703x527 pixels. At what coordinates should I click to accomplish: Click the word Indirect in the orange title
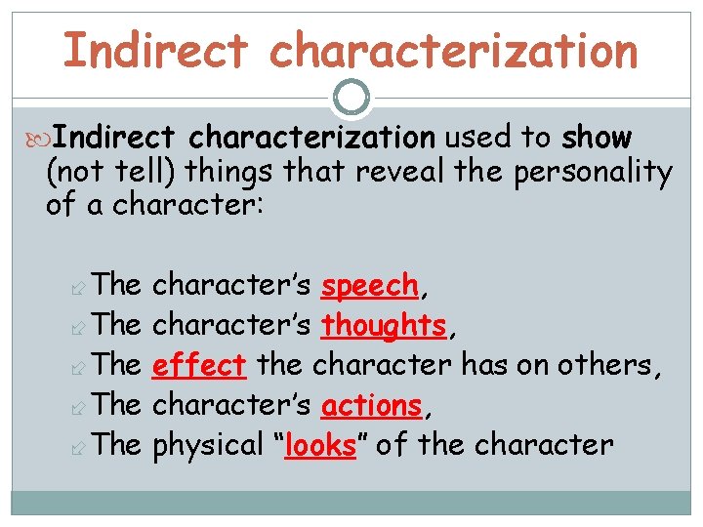(156, 51)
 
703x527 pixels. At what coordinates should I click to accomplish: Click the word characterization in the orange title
(454, 51)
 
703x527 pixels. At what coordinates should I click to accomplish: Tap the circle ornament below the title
(351, 98)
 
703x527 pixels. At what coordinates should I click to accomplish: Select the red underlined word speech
(370, 286)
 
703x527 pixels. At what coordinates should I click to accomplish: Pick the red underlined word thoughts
(384, 326)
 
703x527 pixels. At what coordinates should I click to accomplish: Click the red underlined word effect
(199, 366)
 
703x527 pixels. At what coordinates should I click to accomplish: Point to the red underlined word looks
(318, 446)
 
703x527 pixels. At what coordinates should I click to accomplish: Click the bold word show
(597, 139)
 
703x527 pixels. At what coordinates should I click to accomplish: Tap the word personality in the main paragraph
(591, 174)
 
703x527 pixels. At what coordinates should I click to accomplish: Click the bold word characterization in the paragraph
(312, 139)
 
